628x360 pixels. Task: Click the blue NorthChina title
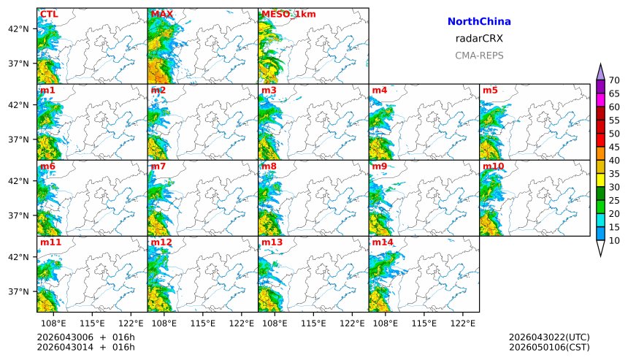point(479,22)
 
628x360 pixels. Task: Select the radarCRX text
point(479,39)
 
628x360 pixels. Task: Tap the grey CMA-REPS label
point(479,55)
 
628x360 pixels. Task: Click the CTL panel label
point(49,14)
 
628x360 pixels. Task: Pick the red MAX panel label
point(161,14)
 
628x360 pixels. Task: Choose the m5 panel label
point(490,90)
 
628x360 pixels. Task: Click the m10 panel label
point(493,166)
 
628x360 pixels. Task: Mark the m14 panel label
point(383,242)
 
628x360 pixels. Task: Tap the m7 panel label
point(158,166)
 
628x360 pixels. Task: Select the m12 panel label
point(161,242)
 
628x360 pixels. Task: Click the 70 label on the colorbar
point(614,80)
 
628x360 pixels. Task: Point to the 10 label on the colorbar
point(614,240)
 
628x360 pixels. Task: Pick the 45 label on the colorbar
point(614,147)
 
